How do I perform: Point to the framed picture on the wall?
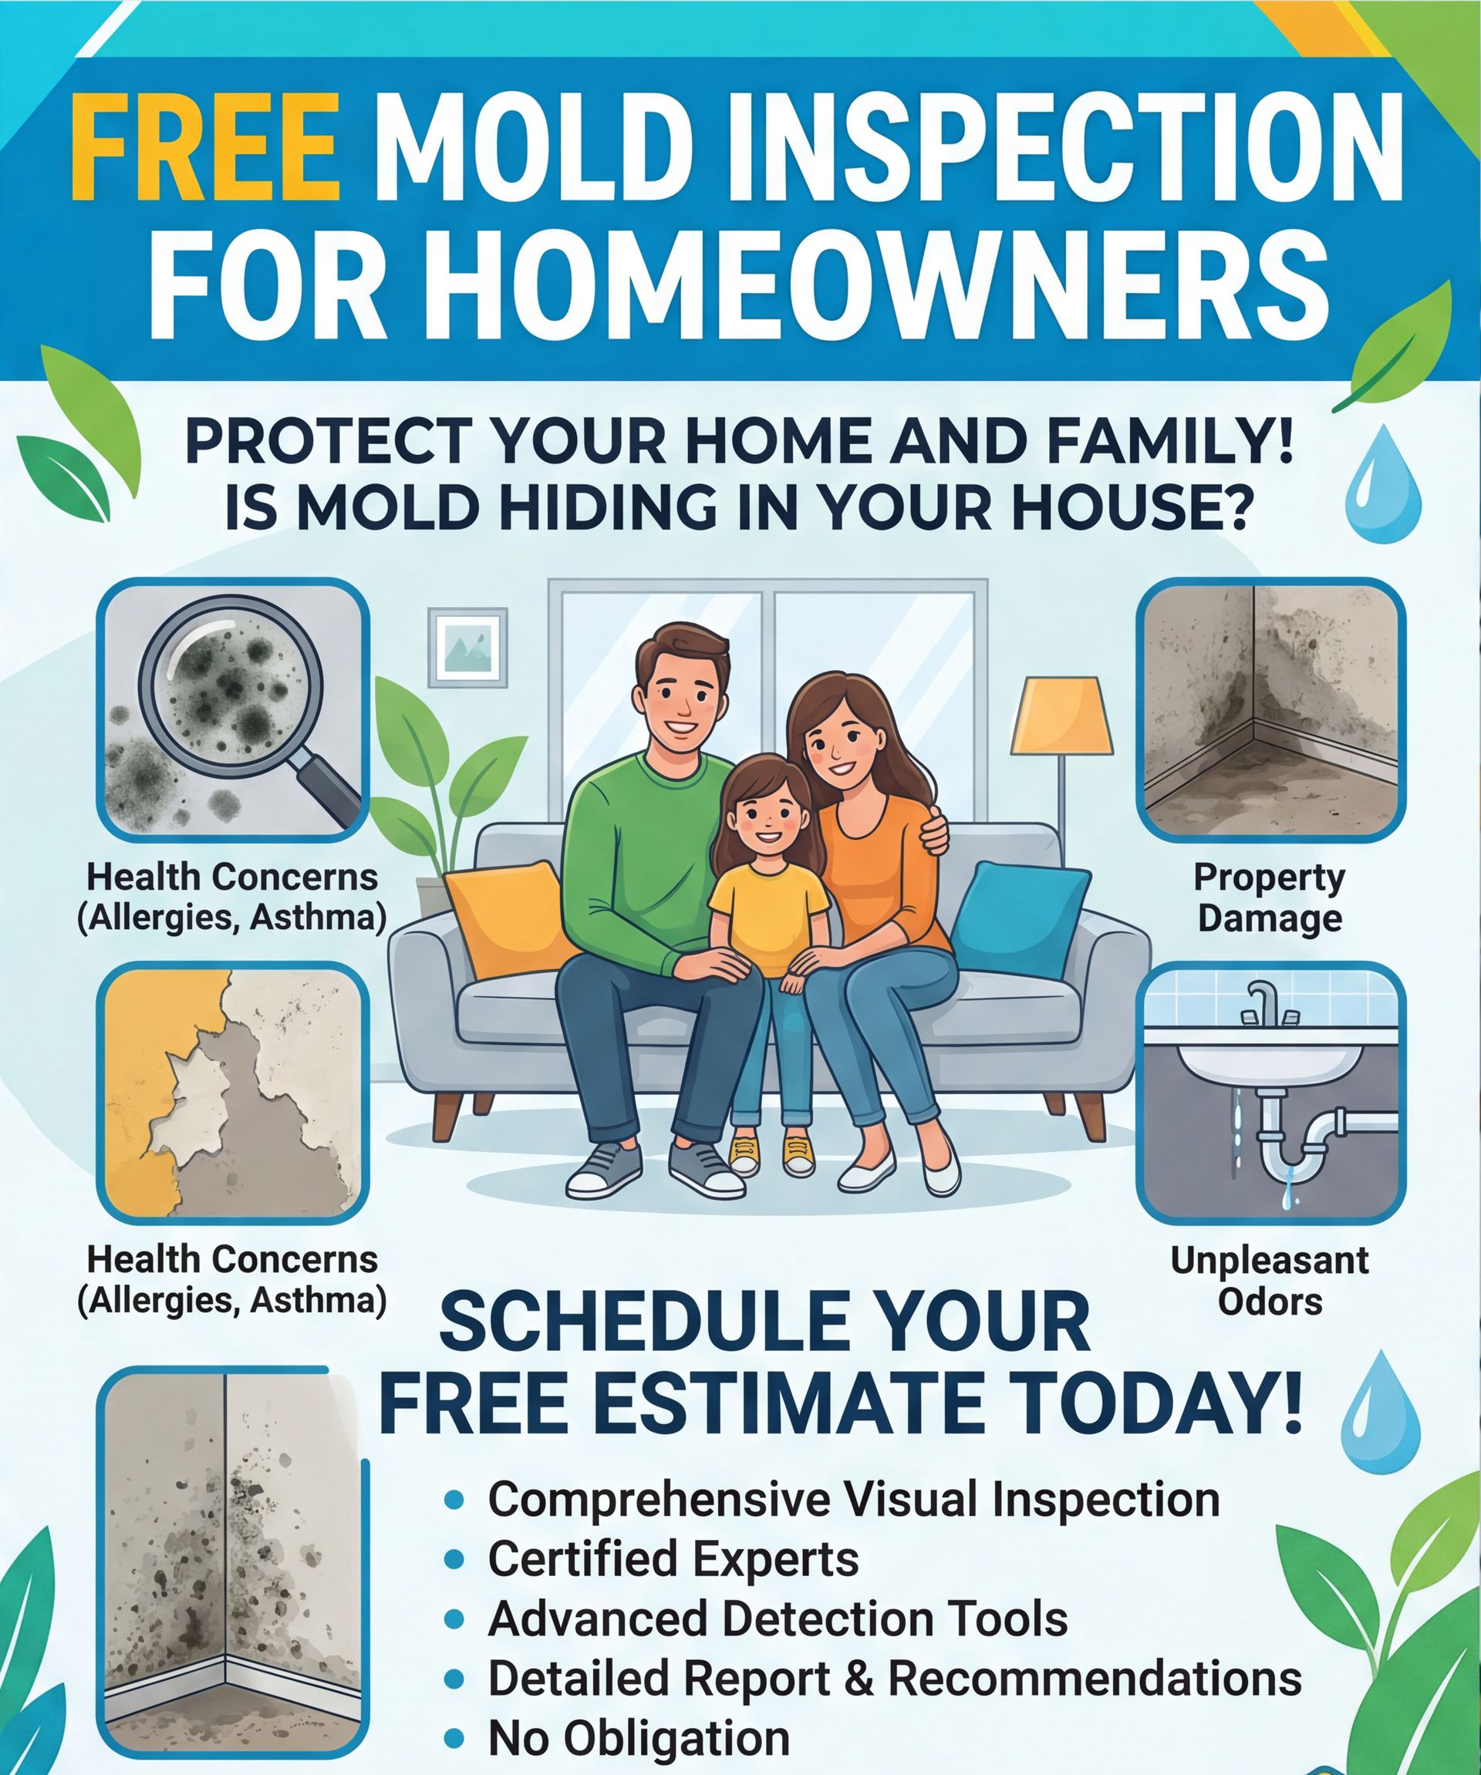click(x=467, y=647)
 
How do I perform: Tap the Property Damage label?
click(x=1270, y=898)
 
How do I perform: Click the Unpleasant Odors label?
click(x=1270, y=1281)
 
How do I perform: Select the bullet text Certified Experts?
click(x=673, y=1558)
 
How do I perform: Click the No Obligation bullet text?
click(x=639, y=1739)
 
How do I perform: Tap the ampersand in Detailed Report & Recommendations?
click(x=859, y=1678)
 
